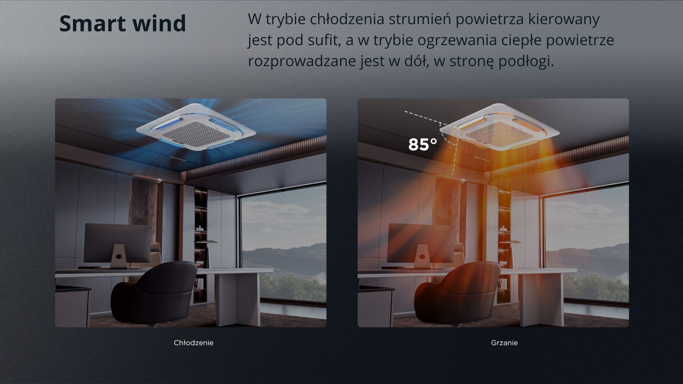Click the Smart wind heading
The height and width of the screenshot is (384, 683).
pyautogui.click(x=122, y=23)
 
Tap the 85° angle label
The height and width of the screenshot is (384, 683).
pyautogui.click(x=423, y=144)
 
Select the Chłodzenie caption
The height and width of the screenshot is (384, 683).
pyautogui.click(x=194, y=343)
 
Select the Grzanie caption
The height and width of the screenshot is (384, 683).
pyautogui.click(x=504, y=343)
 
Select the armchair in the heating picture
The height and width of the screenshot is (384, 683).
pyautogui.click(x=457, y=293)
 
